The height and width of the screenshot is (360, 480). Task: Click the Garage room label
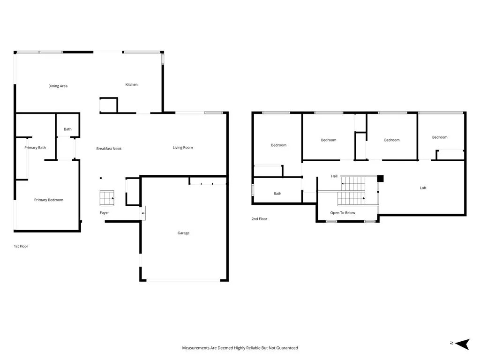(x=183, y=233)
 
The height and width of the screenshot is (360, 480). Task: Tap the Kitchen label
(x=131, y=84)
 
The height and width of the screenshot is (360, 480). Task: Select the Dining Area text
(x=58, y=86)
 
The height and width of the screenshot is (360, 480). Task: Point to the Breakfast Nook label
(x=109, y=149)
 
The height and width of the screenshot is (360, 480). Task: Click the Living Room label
(x=183, y=148)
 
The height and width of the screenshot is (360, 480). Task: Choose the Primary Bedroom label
(x=49, y=200)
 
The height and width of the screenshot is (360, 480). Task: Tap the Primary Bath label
(x=35, y=148)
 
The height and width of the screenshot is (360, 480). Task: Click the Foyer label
(x=104, y=212)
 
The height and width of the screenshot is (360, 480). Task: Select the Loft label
(x=423, y=188)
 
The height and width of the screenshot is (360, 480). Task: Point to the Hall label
(x=334, y=176)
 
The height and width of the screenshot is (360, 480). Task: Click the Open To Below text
(x=343, y=213)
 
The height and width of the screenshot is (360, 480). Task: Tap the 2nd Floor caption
(x=259, y=219)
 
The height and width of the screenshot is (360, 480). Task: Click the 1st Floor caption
(x=21, y=246)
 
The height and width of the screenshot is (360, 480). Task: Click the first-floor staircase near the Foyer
(x=107, y=198)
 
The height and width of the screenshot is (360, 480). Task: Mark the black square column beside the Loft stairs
(x=380, y=179)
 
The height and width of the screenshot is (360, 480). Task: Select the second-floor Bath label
(x=277, y=194)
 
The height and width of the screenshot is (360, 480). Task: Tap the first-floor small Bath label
(x=67, y=129)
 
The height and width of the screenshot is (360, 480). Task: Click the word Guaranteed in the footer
(x=287, y=348)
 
